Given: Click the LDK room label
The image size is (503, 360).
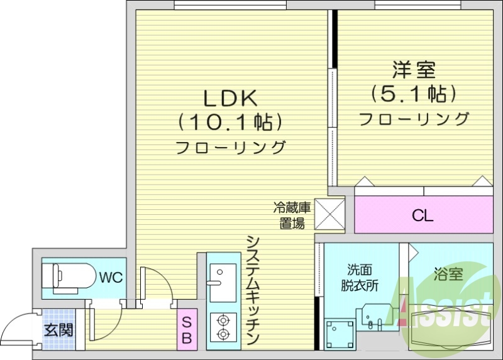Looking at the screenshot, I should (229, 98).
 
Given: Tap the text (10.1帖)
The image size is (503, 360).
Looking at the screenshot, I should (229, 121).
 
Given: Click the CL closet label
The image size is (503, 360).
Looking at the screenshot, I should (423, 215).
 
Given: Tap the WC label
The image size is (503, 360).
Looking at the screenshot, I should (111, 277).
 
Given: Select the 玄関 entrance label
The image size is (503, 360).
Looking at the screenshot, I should (58, 329).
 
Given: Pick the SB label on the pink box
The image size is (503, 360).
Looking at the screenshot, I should (187, 330).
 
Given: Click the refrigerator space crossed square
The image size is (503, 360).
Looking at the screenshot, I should (329, 214).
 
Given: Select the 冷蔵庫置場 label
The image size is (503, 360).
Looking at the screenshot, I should (292, 214).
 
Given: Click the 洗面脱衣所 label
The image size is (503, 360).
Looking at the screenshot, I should (360, 277).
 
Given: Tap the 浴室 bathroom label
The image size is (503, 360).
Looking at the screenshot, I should (448, 274).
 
